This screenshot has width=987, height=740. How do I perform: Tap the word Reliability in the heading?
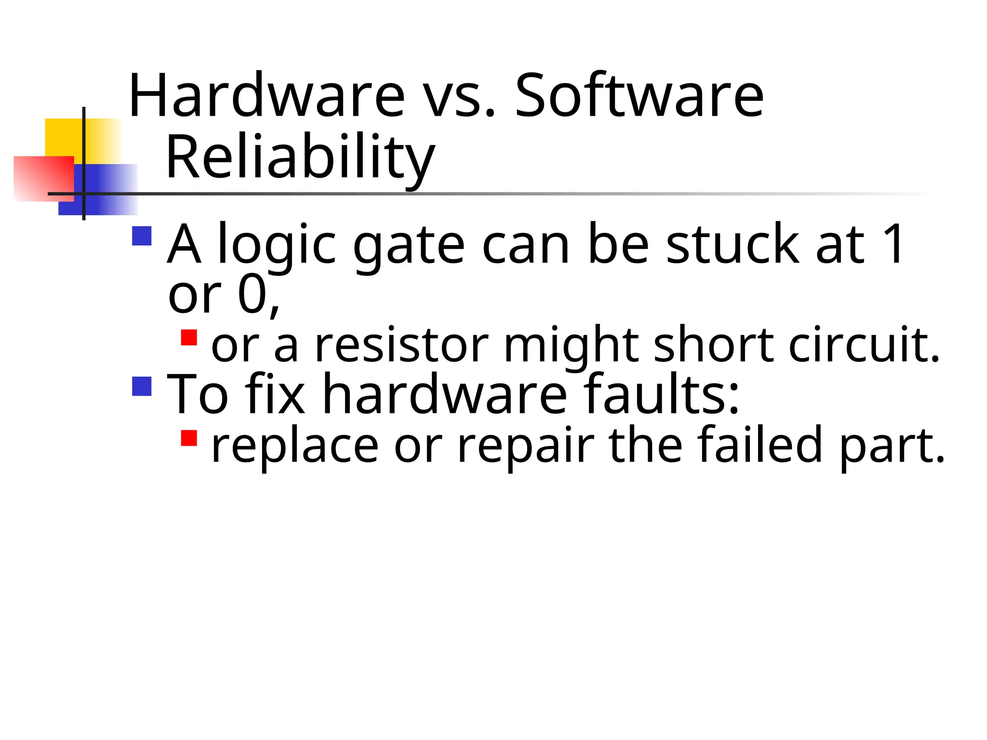(300, 158)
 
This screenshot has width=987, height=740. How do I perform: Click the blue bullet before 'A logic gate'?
(142, 236)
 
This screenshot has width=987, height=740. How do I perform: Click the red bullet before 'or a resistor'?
(189, 337)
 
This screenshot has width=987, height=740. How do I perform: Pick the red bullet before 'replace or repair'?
(189, 438)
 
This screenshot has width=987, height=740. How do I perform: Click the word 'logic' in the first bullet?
(277, 246)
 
